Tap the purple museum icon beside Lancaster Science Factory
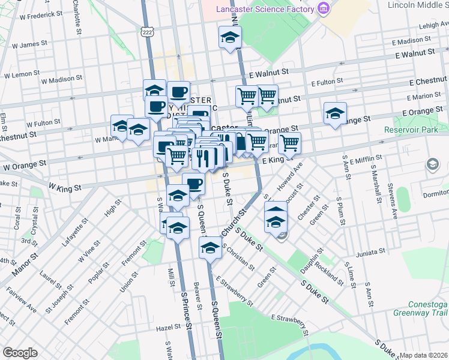tap(324, 8)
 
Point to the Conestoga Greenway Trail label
tap(420, 308)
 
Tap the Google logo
tap(20, 353)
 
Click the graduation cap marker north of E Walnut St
tap(230, 37)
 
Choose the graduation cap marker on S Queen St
tap(211, 247)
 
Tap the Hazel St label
tap(168, 328)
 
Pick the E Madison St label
tap(415, 40)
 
